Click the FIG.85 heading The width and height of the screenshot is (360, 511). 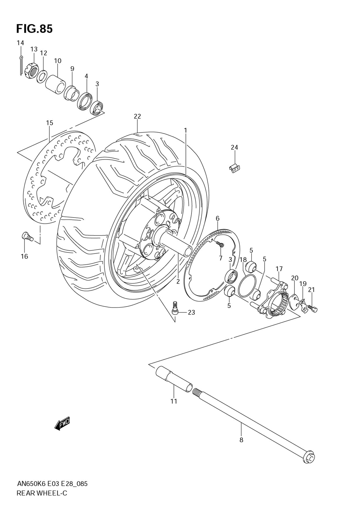tap(34, 29)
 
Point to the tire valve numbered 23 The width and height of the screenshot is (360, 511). tap(175, 308)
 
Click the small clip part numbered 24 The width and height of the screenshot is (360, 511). tap(235, 168)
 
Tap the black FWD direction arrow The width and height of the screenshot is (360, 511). tap(62, 424)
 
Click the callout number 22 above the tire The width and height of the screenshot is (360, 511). tap(137, 116)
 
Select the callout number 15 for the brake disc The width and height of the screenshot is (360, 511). tap(49, 123)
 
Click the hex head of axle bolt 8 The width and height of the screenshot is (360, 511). tap(309, 458)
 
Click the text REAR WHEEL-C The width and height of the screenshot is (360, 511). tap(42, 493)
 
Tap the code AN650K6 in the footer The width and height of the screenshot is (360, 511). tap(31, 484)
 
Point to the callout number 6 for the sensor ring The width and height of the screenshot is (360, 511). tap(217, 218)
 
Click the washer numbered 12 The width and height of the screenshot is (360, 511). tap(42, 76)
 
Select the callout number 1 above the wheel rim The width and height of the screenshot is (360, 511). tap(185, 130)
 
